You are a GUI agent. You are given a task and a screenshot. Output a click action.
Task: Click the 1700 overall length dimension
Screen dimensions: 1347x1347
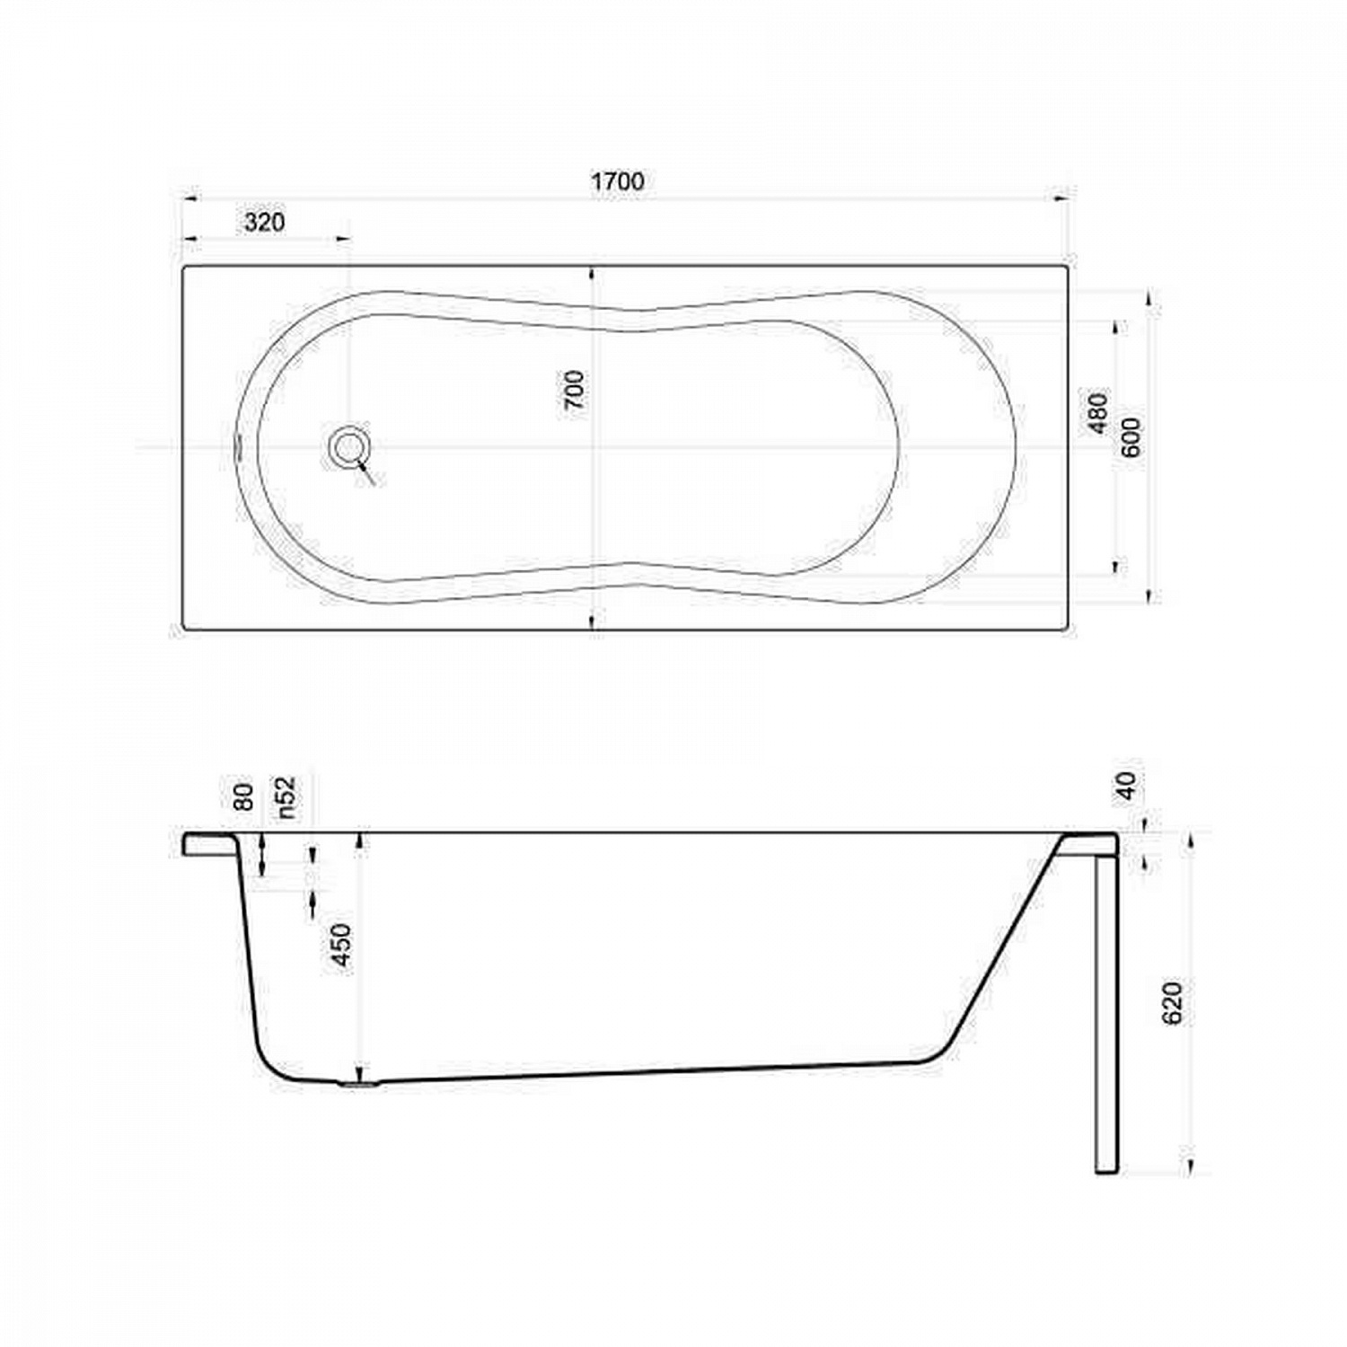click(x=617, y=180)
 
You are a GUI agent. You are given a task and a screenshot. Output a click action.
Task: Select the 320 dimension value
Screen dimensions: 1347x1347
click(x=264, y=222)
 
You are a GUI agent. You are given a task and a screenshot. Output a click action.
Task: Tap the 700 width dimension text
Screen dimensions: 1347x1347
click(x=574, y=390)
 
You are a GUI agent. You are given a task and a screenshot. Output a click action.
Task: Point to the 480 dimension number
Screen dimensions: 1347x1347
click(x=1098, y=413)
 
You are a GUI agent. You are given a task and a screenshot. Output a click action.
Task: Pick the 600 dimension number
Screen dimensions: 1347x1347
click(x=1131, y=437)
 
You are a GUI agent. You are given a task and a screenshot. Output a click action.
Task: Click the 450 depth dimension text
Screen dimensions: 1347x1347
click(x=342, y=946)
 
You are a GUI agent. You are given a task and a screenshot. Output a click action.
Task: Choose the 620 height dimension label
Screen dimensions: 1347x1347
click(x=1172, y=1003)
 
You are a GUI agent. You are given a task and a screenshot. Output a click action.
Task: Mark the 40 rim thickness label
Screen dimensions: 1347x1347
click(x=1127, y=786)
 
